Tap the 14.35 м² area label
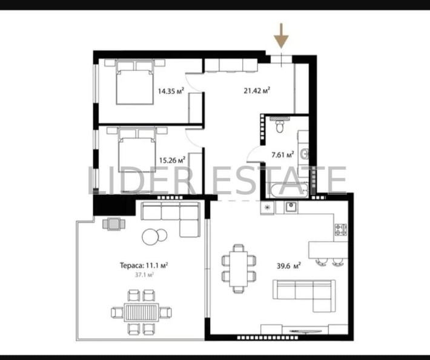coord(171,91)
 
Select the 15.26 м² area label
coord(171,160)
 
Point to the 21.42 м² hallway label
coord(256,91)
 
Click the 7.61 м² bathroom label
coord(282,154)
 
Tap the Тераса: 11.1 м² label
coord(143,264)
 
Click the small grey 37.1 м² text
coord(144,274)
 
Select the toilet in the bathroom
coord(279,125)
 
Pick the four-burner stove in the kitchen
coord(341,230)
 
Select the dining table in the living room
coord(239,268)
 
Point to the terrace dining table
coord(141,313)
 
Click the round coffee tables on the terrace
coord(153,235)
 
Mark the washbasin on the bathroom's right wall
coord(307,154)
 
